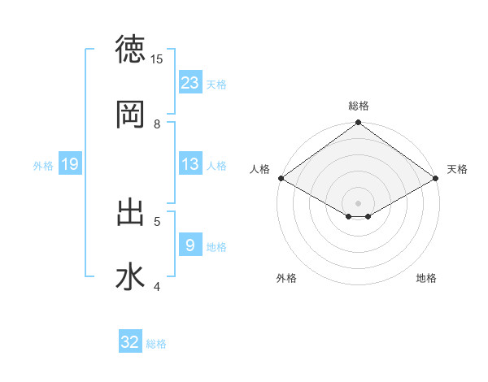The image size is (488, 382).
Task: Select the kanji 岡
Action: pos(130,115)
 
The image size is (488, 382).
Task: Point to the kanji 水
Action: pos(130,277)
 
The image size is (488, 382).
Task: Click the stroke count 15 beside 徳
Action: pos(157,59)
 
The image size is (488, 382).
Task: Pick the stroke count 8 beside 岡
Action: pos(157,124)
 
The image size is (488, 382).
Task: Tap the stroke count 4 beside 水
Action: pos(157,287)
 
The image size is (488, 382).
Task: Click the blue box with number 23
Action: pos(190,82)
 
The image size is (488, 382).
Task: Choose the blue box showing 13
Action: pos(190,164)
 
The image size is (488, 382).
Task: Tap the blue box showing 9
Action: pos(190,245)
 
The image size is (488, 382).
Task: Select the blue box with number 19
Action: pos(70,164)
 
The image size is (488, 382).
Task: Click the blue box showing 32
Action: pos(130,342)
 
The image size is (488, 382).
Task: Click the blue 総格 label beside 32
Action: pos(156,344)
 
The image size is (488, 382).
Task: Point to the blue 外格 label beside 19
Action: pos(43,165)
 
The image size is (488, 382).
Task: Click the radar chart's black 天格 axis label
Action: pos(457,169)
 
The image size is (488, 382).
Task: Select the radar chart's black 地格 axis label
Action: pos(426,278)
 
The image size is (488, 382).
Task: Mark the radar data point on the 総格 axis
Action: pos(358,124)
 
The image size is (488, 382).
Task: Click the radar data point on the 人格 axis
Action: pos(280,178)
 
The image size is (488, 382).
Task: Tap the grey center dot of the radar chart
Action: pos(358,202)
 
